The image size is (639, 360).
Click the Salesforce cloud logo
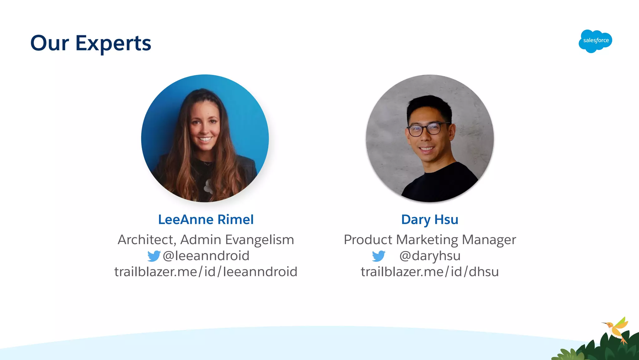click(x=595, y=41)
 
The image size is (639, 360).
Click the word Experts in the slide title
click(x=113, y=43)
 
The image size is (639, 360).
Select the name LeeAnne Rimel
click(x=206, y=219)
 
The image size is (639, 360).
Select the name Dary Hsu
click(x=430, y=219)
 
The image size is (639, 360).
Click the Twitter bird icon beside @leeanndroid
click(x=154, y=256)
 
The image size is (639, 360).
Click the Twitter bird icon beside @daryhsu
click(x=378, y=256)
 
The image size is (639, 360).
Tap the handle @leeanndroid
click(x=206, y=256)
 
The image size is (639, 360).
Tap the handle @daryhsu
click(x=430, y=256)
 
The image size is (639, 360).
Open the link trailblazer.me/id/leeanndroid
click(x=206, y=272)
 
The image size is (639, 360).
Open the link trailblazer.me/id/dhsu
click(x=430, y=272)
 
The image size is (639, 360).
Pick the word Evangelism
click(x=259, y=240)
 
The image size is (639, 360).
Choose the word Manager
click(x=489, y=240)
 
